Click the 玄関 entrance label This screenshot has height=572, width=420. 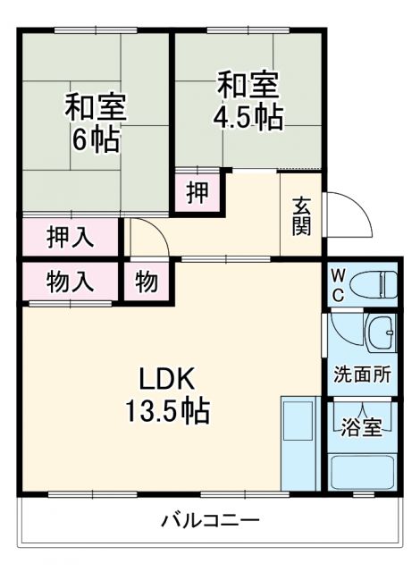(x=301, y=215)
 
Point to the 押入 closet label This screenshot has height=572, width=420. (x=70, y=238)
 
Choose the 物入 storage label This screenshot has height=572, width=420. (x=70, y=282)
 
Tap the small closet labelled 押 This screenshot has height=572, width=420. (x=197, y=191)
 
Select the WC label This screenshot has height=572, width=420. (x=339, y=284)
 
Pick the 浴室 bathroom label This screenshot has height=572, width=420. (x=363, y=426)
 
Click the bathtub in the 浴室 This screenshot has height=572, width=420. (x=363, y=472)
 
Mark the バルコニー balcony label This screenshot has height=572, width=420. (x=211, y=519)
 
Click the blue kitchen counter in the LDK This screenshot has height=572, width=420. (x=297, y=442)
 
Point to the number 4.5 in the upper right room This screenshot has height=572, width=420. (x=234, y=116)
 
